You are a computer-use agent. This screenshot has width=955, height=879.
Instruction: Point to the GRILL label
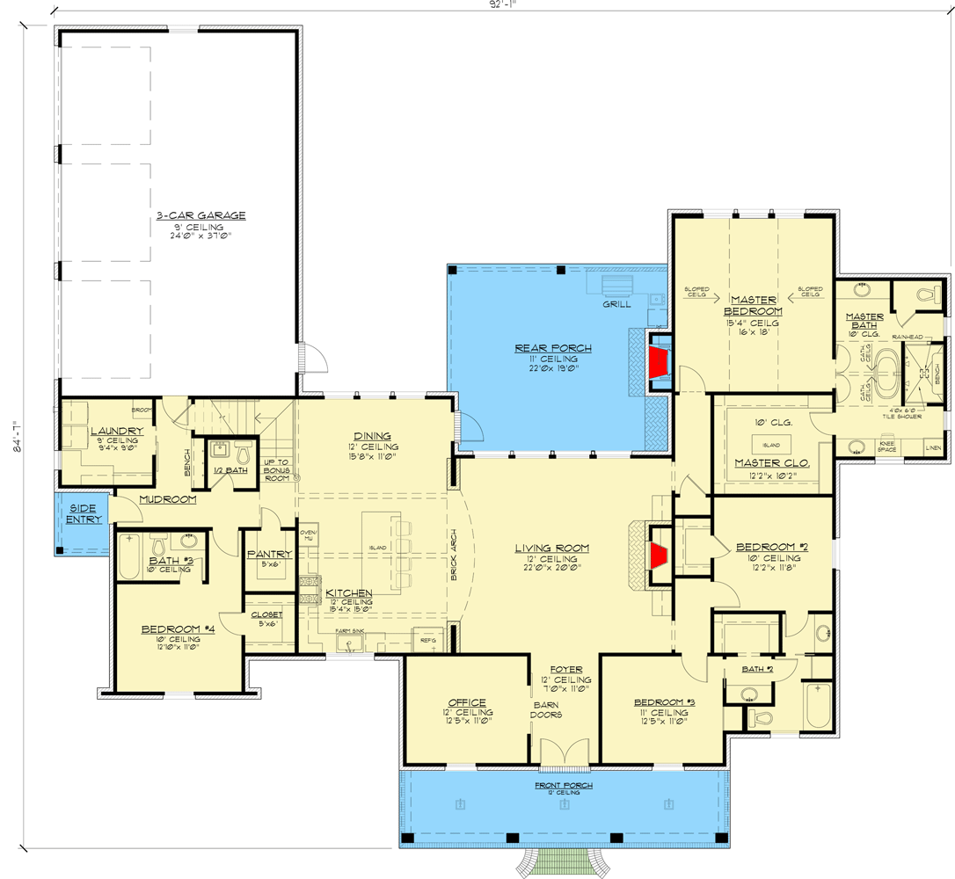[x=616, y=305]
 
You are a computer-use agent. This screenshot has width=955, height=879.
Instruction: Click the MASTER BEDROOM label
[x=753, y=305]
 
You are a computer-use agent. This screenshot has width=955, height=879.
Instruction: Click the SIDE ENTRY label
[x=84, y=513]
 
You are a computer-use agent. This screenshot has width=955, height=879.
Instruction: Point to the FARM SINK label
[x=351, y=631]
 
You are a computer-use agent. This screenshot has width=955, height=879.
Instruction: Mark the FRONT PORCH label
[x=563, y=785]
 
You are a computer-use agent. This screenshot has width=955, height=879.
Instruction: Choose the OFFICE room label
[x=467, y=701]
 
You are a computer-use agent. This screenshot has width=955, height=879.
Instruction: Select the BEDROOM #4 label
[x=179, y=628]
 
